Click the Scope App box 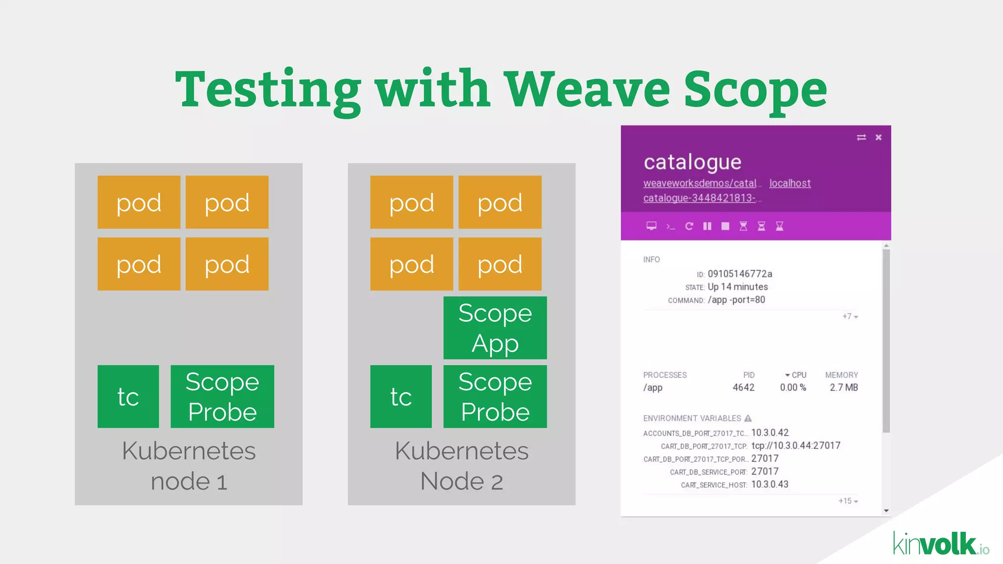495,328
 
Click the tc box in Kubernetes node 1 128,396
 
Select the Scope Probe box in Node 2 495,396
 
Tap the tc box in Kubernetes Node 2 401,396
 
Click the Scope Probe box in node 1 222,396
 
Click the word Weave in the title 587,90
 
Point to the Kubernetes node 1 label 189,466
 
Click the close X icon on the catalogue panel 879,138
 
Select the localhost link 789,183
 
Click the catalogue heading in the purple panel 692,162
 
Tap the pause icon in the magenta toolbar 707,226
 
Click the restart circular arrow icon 689,226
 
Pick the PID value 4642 743,387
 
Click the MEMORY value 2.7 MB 843,387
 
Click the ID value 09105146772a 740,274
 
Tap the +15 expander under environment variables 848,501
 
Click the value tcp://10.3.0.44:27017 795,446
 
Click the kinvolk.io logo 940,544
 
